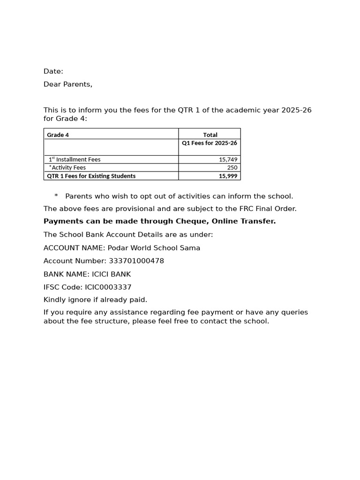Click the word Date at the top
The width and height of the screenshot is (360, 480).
click(x=53, y=71)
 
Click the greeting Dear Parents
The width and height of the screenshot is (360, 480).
click(x=68, y=84)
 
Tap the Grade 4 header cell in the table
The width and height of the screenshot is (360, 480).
click(x=58, y=135)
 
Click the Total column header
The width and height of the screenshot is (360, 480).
click(x=210, y=135)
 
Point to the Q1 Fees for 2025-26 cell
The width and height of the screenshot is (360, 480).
click(x=210, y=143)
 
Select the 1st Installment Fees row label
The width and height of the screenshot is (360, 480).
click(x=75, y=159)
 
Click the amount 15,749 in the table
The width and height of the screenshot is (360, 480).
click(x=228, y=159)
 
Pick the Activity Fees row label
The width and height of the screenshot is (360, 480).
click(x=68, y=168)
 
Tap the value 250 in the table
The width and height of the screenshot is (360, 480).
click(x=232, y=168)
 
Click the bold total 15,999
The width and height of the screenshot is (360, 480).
click(x=228, y=176)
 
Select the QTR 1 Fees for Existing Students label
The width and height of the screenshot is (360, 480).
click(x=91, y=176)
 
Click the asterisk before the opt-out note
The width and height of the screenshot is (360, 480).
click(x=56, y=196)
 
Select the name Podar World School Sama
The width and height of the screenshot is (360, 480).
click(x=154, y=248)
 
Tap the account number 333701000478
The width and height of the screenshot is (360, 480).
click(x=136, y=261)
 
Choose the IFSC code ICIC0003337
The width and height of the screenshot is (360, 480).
click(x=108, y=287)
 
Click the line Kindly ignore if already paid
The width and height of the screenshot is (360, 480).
click(x=95, y=300)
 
